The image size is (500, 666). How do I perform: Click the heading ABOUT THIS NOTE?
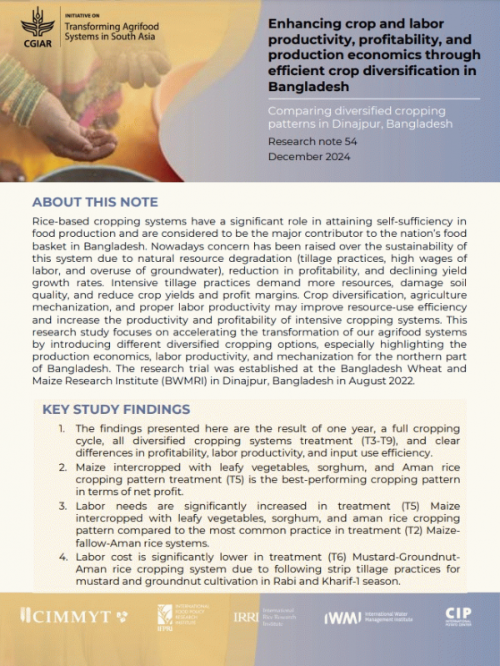tap(94, 202)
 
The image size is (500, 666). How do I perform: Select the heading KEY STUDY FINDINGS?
tap(116, 409)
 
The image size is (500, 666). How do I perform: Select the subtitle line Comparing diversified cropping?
tap(357, 110)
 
